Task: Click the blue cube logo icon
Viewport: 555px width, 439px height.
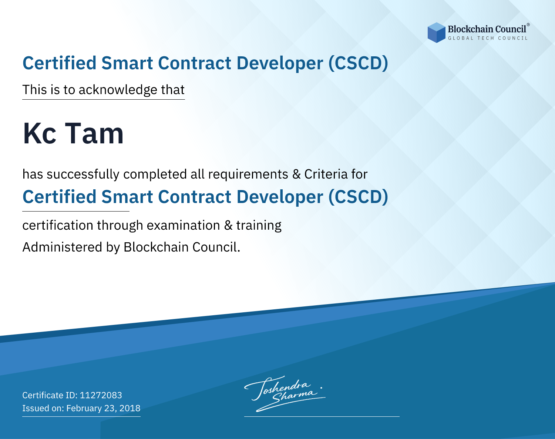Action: [436, 33]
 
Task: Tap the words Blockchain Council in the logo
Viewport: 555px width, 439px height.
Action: [487, 29]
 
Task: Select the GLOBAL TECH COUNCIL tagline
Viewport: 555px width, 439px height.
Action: [488, 38]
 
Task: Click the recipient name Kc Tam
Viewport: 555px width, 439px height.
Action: [73, 133]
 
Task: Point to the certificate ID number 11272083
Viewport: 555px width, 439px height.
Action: [101, 395]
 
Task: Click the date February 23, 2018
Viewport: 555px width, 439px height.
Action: [103, 408]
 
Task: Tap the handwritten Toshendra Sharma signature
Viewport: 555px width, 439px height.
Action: [285, 393]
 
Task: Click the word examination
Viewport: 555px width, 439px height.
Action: [184, 225]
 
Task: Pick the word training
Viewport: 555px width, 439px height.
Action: [259, 226]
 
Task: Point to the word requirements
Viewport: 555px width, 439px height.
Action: [248, 174]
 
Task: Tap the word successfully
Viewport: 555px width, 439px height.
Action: [83, 174]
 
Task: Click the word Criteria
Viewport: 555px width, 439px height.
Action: [326, 174]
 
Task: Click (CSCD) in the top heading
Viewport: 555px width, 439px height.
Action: [358, 63]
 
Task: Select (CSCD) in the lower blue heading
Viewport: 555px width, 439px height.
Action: [358, 197]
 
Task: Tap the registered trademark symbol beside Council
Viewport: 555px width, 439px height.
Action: [528, 24]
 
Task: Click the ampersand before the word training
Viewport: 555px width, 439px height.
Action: [228, 226]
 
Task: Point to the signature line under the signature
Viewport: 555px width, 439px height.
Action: [322, 416]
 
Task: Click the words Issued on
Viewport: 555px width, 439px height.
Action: [43, 408]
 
